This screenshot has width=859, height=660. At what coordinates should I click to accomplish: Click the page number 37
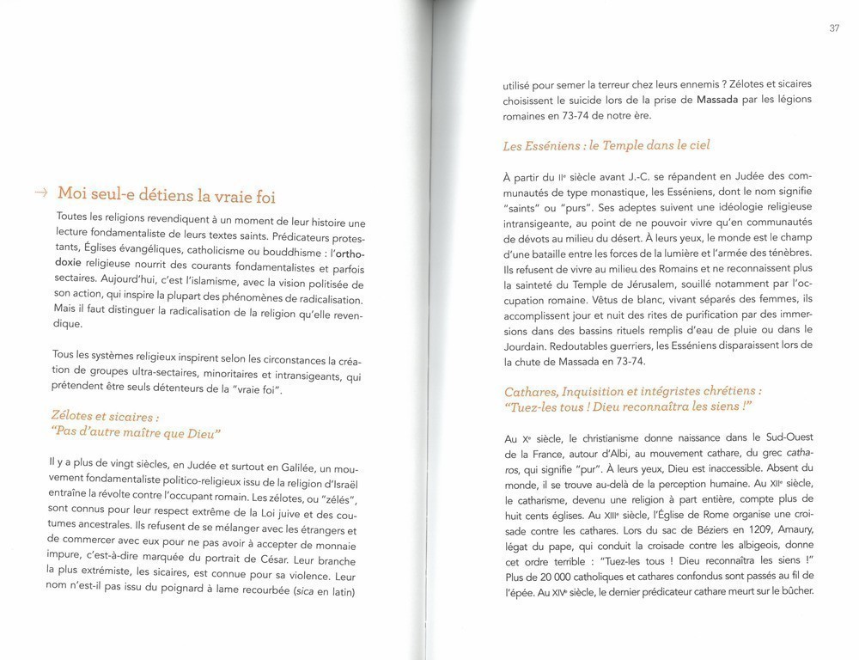[834, 28]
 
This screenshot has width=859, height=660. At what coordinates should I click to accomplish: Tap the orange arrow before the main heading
[41, 193]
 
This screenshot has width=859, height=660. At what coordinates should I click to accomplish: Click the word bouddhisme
[277, 254]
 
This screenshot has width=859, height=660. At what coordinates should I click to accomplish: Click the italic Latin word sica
[285, 593]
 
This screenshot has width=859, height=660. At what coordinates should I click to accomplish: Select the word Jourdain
[527, 345]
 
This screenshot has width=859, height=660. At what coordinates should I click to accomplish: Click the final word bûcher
[791, 592]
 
